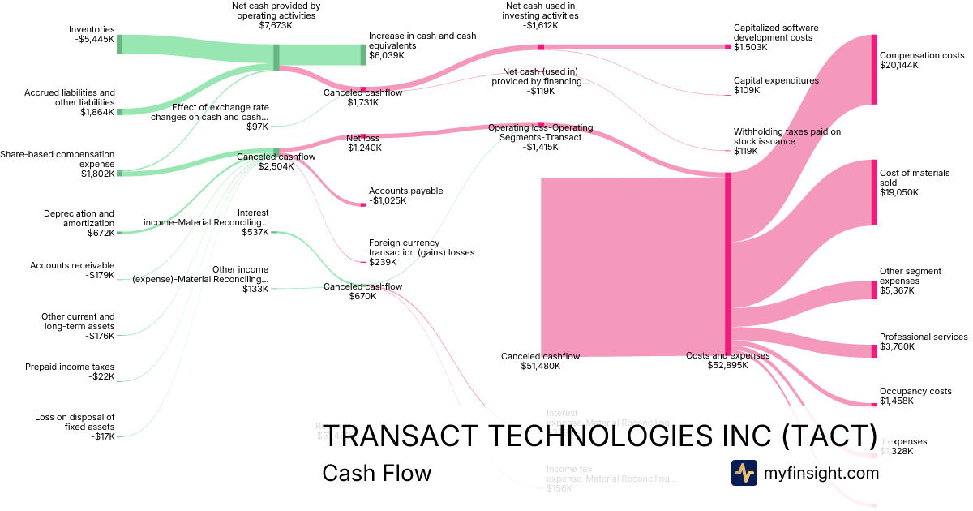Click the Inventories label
click(92, 29)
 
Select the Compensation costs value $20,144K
click(899, 65)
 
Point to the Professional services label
click(924, 337)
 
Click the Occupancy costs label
click(915, 391)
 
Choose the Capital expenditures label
click(776, 80)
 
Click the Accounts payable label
click(405, 191)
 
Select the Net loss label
click(362, 138)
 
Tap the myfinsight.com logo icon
click(744, 472)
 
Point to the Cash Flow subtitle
click(377, 473)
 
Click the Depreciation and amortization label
click(79, 218)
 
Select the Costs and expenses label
click(727, 355)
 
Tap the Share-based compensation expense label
click(57, 159)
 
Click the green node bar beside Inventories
click(119, 44)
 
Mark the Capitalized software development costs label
click(776, 32)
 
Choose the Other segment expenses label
click(910, 276)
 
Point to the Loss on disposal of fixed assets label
click(75, 422)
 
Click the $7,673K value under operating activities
click(276, 26)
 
